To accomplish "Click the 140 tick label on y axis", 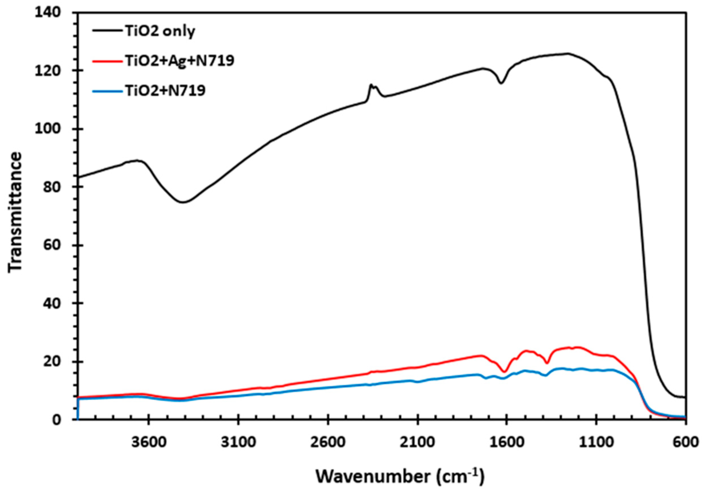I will point(52,13).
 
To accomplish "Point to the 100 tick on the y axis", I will point(52,129).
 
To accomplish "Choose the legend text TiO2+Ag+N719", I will point(180,60).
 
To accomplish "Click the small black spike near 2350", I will point(371,85).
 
